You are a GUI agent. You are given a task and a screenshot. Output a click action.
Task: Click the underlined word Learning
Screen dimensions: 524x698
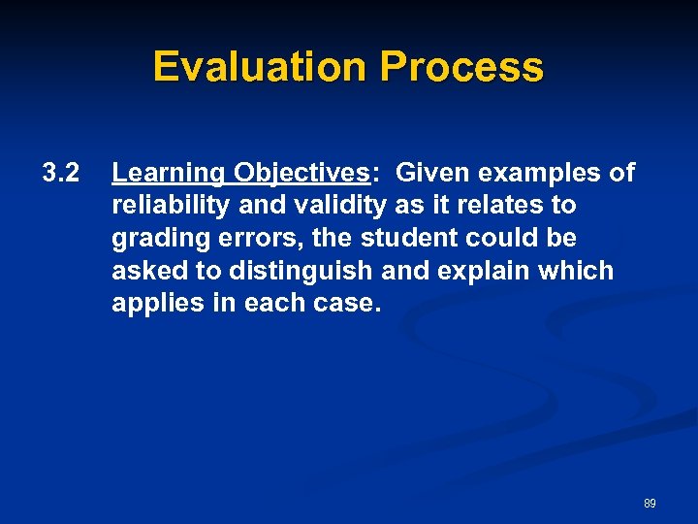(167, 174)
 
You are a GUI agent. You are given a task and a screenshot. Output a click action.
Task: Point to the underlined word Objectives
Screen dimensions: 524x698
(300, 174)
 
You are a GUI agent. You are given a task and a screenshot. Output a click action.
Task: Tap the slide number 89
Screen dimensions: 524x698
(650, 504)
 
